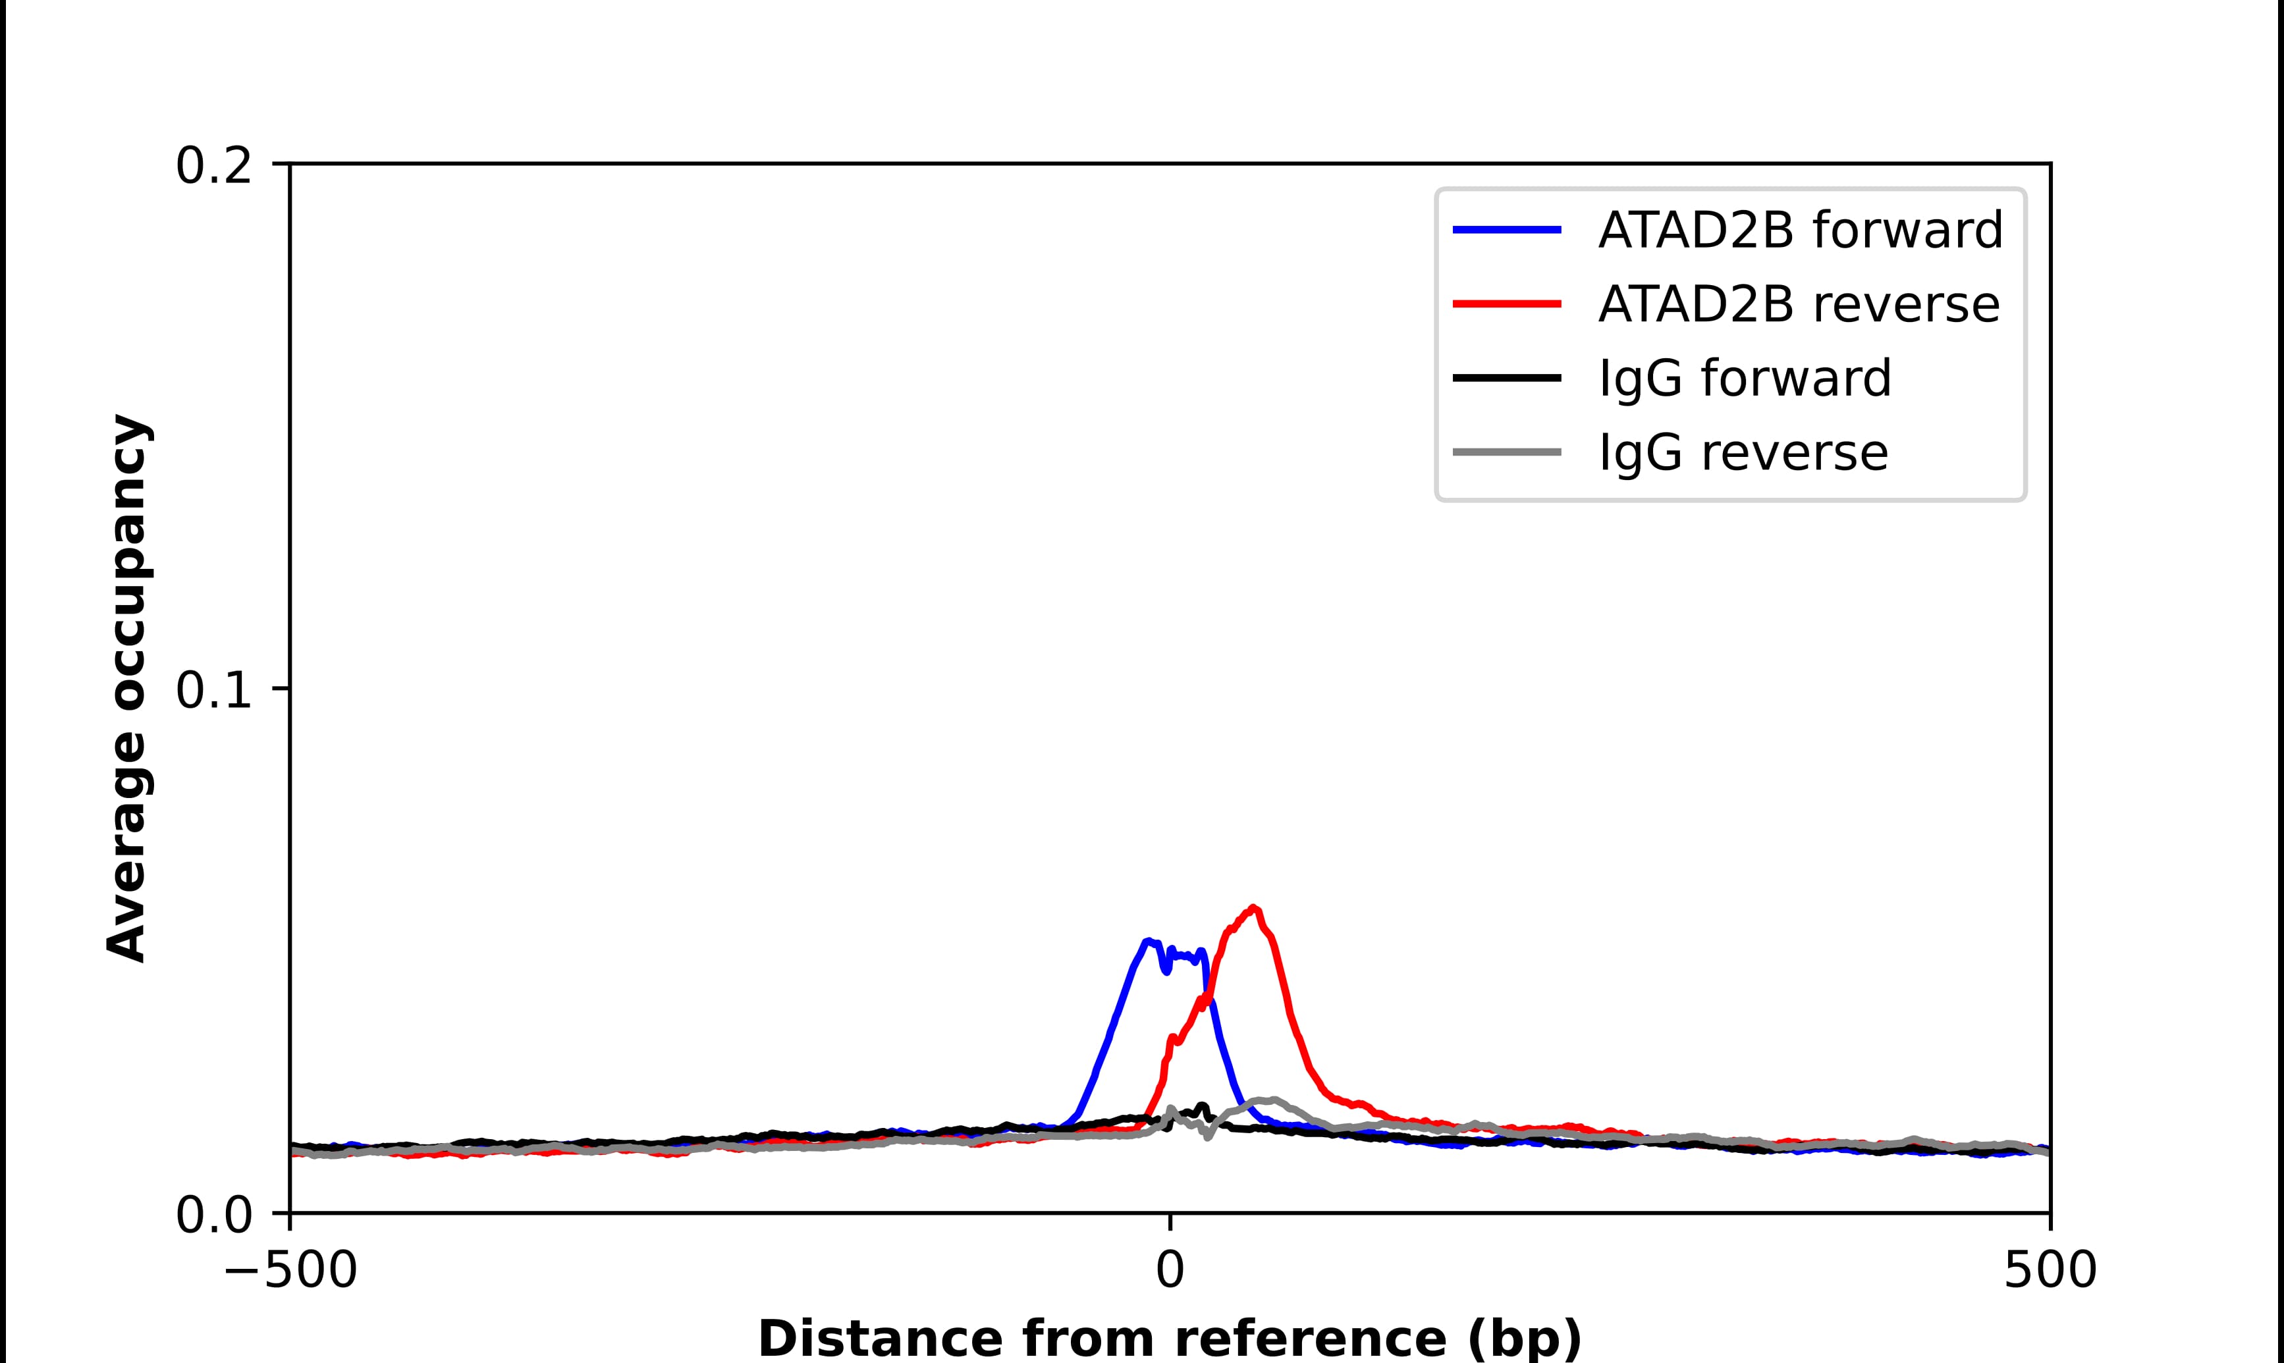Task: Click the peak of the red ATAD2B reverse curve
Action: coord(1253,909)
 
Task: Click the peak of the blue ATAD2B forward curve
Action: coord(1147,942)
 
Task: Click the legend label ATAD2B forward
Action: coord(1800,230)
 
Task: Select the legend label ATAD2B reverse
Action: coord(1798,304)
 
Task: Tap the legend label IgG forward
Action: coord(1745,379)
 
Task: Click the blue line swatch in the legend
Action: coord(1507,230)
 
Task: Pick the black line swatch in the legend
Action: coord(1507,377)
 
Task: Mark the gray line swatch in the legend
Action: coord(1507,452)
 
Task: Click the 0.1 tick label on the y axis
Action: coord(213,691)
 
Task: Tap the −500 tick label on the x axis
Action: coord(290,1272)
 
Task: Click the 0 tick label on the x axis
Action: coord(1170,1272)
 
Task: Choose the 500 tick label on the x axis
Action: coord(2050,1272)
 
